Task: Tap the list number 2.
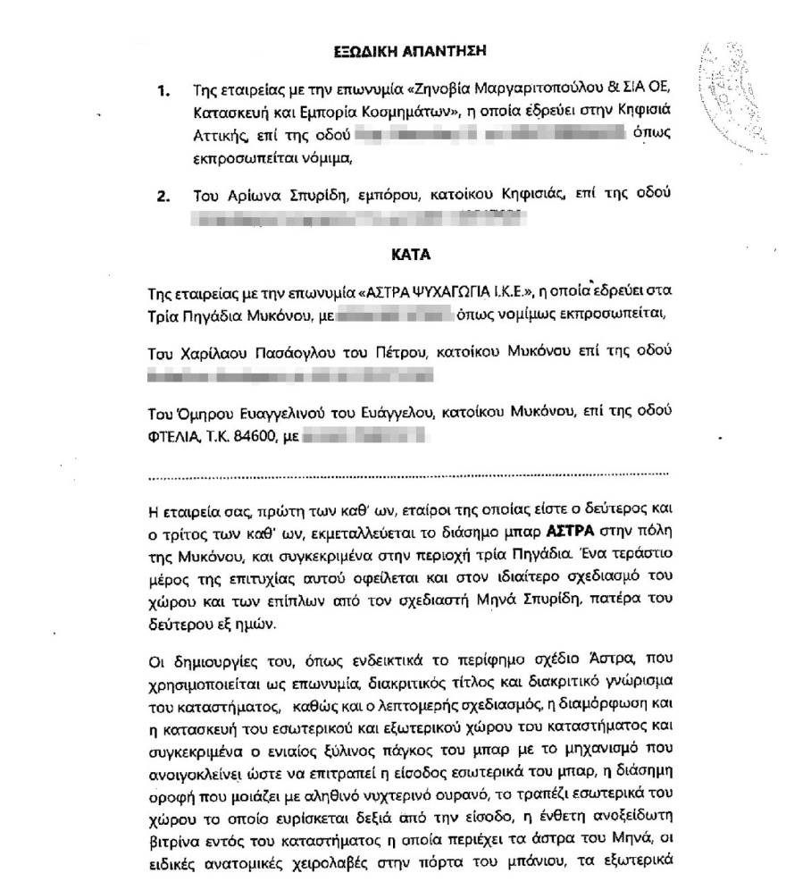pos(163,195)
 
